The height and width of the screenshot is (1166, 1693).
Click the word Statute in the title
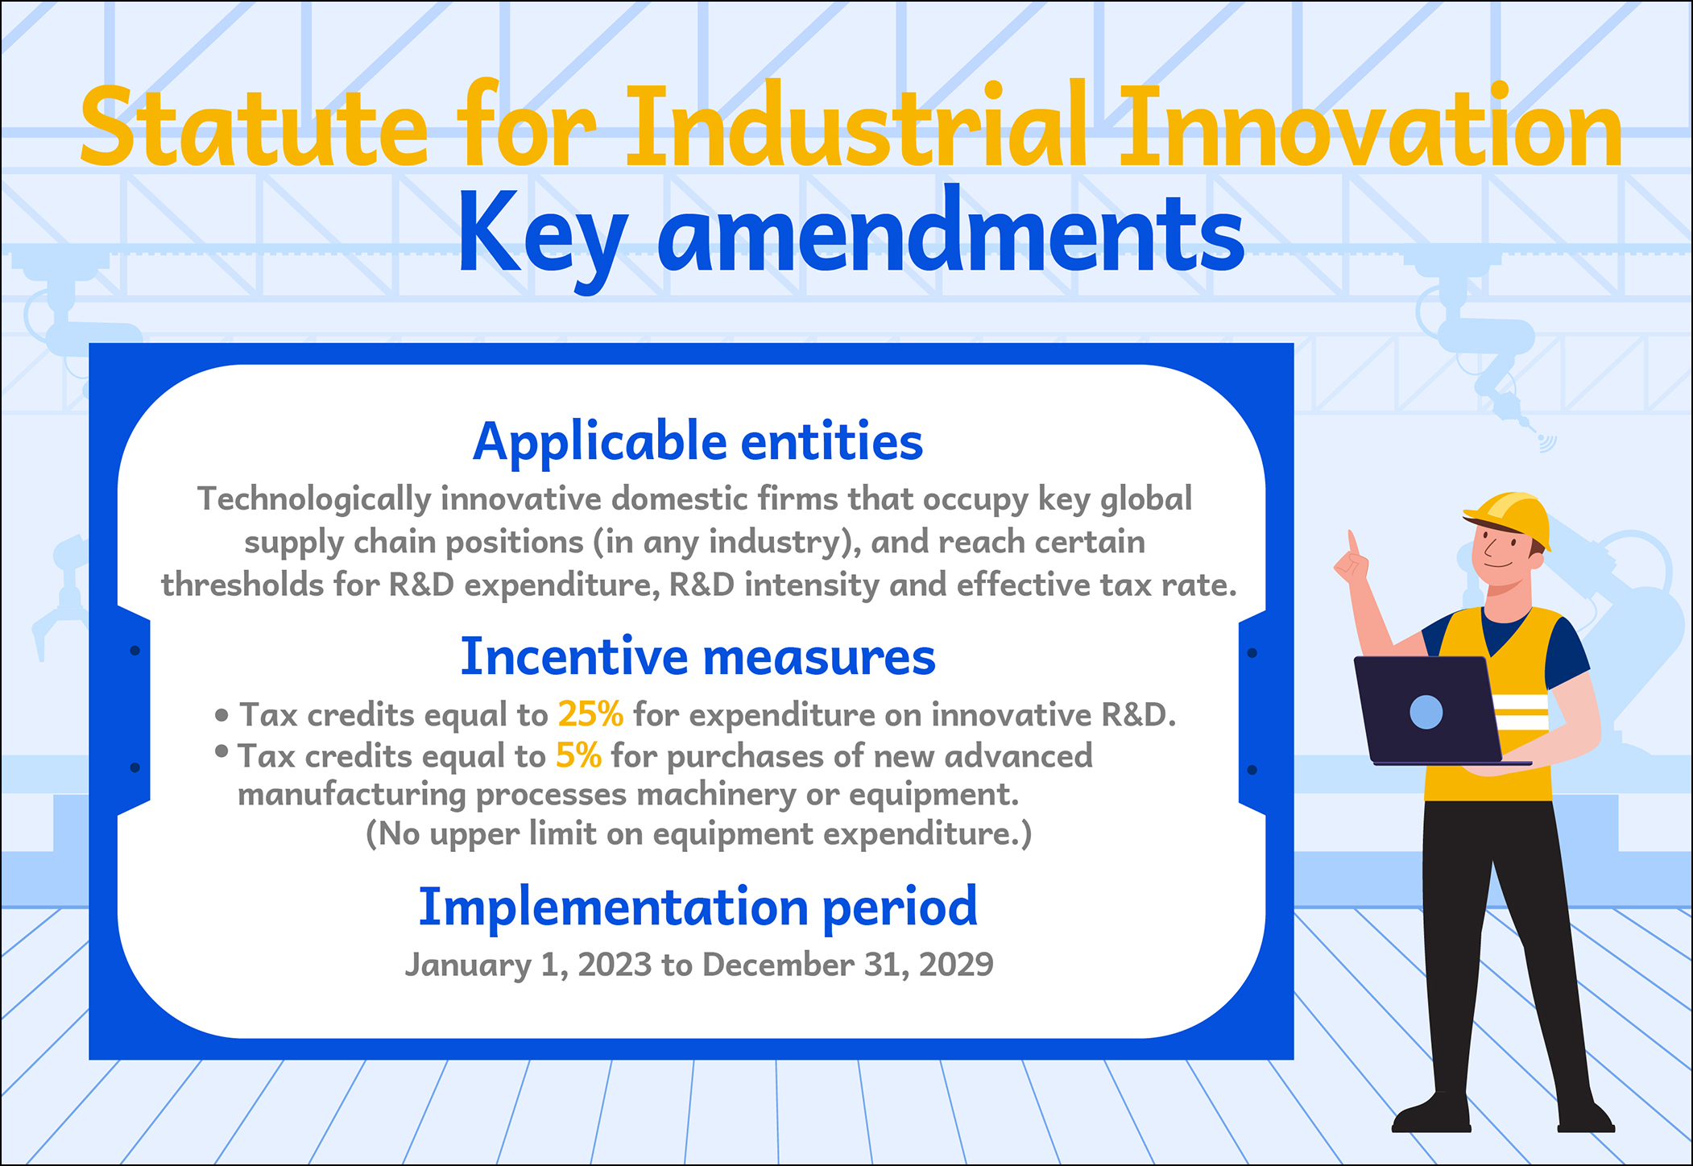(x=254, y=126)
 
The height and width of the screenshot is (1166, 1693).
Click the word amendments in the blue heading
(x=951, y=229)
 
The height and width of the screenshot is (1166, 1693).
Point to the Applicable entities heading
(x=697, y=443)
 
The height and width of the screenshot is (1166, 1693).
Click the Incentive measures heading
(x=697, y=657)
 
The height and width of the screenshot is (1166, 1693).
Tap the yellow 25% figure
(x=590, y=714)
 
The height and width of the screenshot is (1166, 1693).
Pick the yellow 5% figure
(x=578, y=755)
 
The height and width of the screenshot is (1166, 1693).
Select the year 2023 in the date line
(x=614, y=964)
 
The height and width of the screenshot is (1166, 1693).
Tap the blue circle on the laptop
(x=1426, y=713)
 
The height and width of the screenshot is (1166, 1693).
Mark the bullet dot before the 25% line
(x=222, y=714)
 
